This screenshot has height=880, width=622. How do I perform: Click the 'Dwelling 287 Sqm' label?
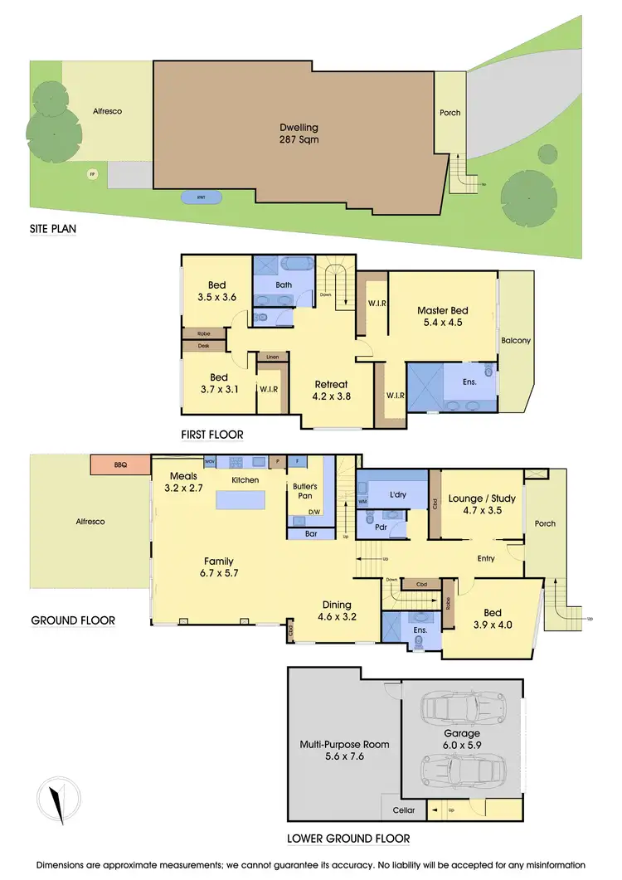coord(299,134)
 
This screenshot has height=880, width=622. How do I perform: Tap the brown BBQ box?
coord(120,465)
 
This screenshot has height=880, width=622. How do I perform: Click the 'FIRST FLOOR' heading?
coord(212,434)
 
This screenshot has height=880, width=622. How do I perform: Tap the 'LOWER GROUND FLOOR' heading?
coord(347,839)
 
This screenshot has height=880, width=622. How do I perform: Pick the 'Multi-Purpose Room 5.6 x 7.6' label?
coord(344,750)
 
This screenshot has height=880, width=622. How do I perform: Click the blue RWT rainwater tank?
coord(202,197)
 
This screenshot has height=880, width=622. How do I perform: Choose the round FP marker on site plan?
coord(92,174)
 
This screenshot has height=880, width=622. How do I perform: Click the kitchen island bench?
coord(241,501)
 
